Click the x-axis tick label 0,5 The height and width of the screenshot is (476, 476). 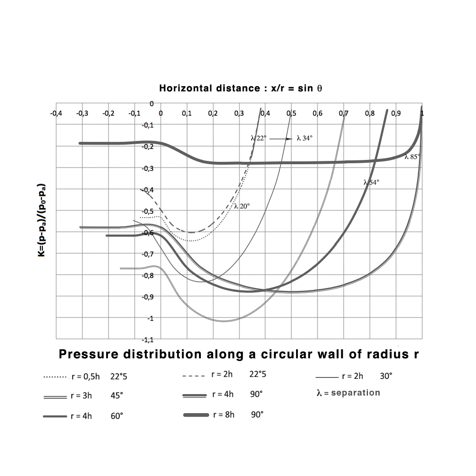click(x=291, y=114)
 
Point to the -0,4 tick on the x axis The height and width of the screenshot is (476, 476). click(x=56, y=114)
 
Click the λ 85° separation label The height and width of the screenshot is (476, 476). click(x=412, y=156)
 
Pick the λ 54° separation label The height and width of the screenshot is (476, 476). click(x=371, y=182)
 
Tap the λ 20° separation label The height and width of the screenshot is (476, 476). click(x=242, y=206)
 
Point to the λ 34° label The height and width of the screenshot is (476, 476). click(x=305, y=138)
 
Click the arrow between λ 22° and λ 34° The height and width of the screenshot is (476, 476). click(x=281, y=138)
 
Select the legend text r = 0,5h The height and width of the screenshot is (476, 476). click(x=86, y=377)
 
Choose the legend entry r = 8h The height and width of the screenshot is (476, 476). click(x=224, y=415)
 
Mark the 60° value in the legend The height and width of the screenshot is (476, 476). click(x=117, y=416)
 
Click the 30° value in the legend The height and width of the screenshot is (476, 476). click(x=386, y=376)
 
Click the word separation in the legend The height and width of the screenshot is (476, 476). click(x=357, y=393)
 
